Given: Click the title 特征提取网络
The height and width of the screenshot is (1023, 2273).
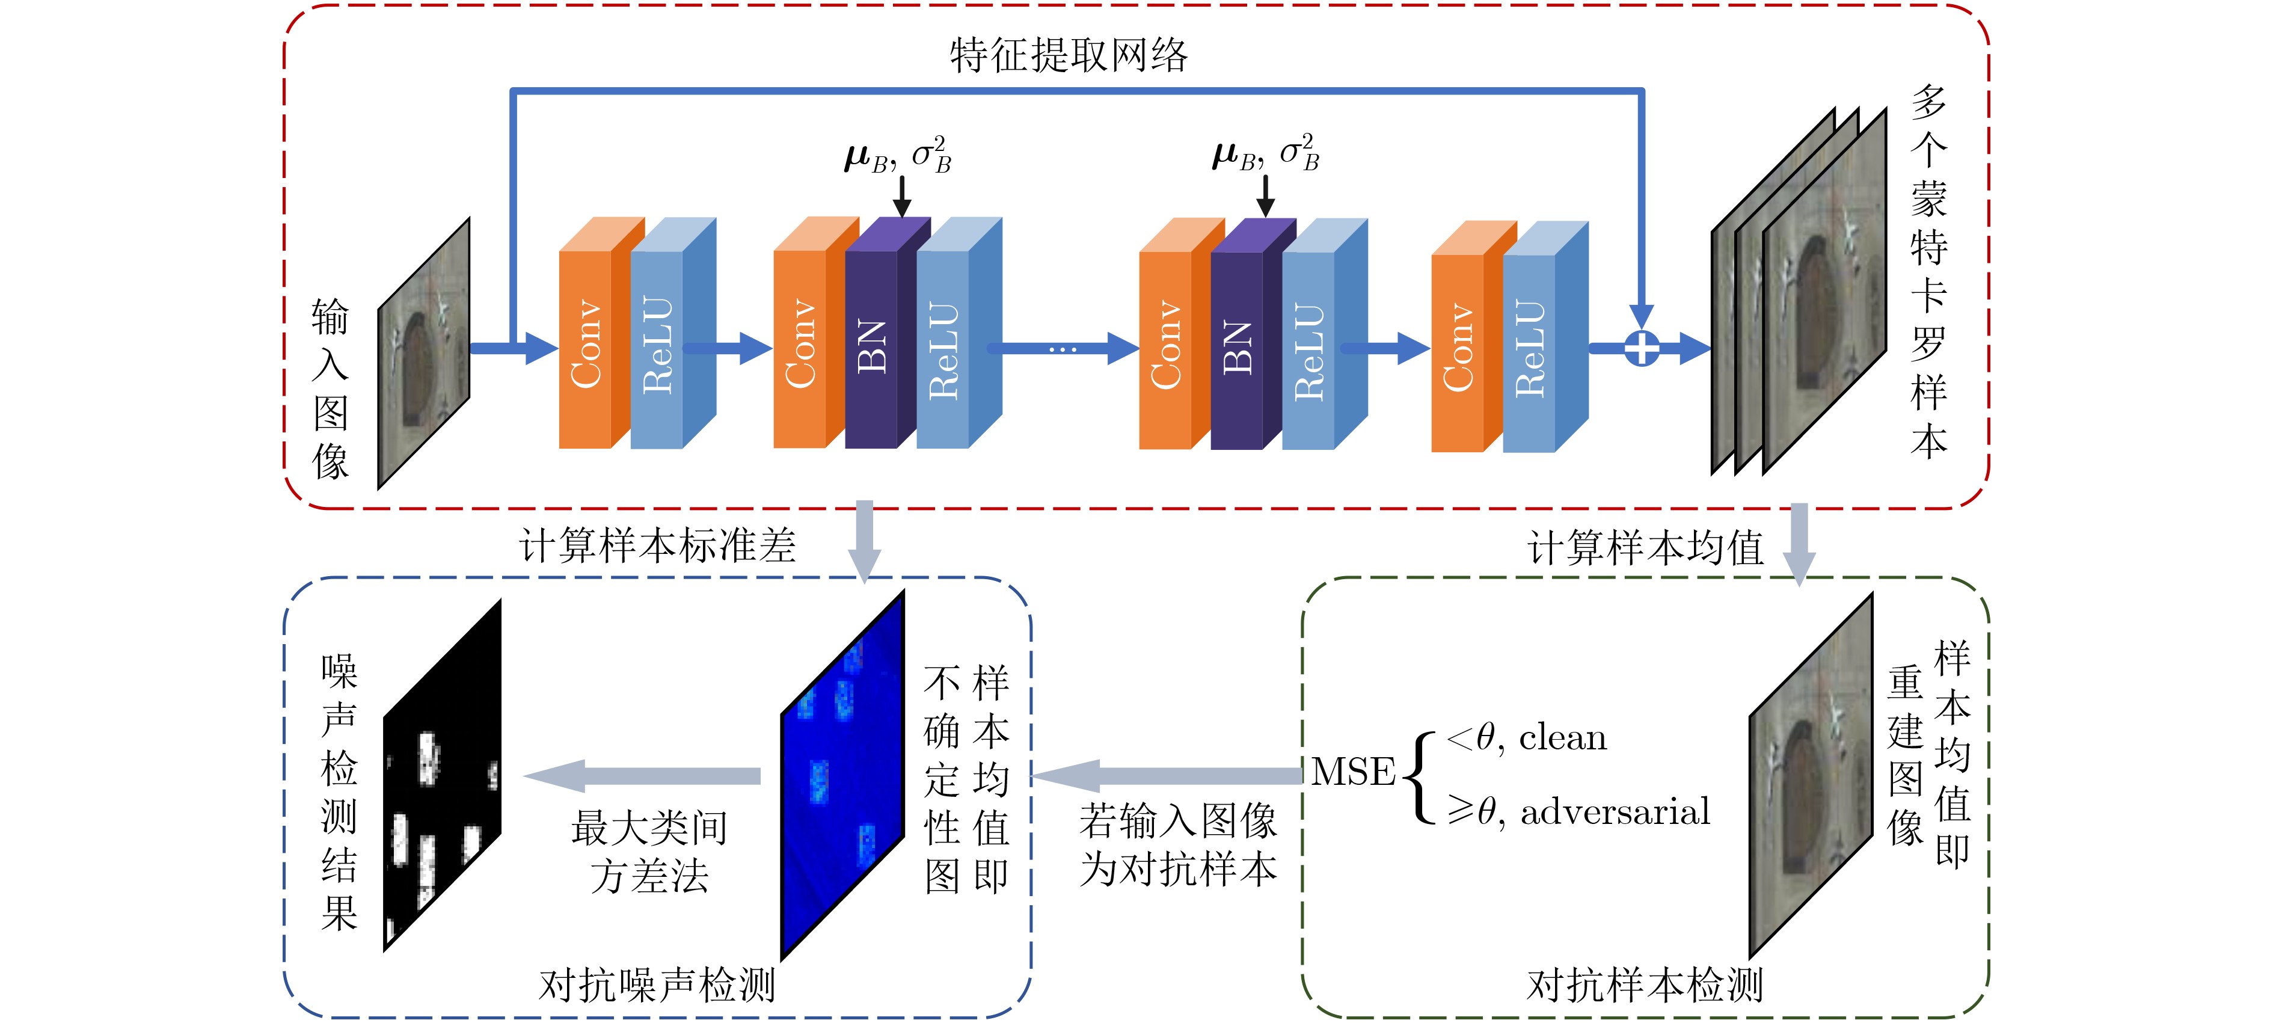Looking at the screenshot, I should (1069, 55).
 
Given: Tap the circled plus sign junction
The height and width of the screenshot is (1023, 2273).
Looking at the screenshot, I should (1641, 348).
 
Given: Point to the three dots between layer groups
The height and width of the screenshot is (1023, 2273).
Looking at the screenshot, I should (1063, 349).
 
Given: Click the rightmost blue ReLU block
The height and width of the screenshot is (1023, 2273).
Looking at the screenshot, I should (1530, 349).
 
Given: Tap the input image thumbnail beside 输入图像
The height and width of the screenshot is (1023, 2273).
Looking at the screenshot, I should (423, 353).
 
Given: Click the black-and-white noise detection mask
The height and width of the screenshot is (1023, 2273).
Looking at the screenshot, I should (442, 775).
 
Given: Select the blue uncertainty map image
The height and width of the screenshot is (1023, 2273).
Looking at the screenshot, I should (842, 775).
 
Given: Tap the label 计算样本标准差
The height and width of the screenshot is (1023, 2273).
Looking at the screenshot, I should (657, 545).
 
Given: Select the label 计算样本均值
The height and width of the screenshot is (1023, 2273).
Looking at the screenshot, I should (1646, 548).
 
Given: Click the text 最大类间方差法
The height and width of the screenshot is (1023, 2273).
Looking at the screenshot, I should (649, 852).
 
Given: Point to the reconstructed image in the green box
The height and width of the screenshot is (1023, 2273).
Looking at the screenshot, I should (1811, 775).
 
